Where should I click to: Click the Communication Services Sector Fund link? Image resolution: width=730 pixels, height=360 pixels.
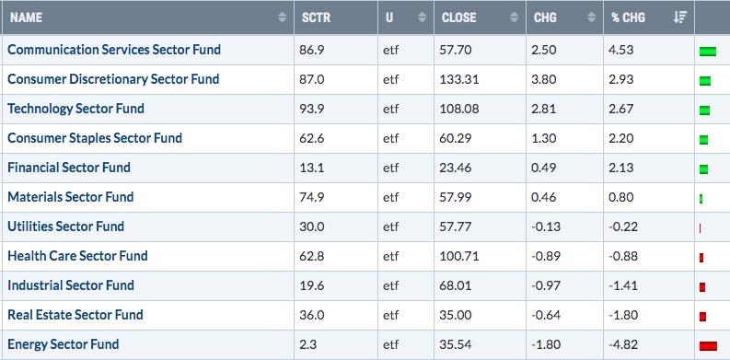pyautogui.click(x=114, y=50)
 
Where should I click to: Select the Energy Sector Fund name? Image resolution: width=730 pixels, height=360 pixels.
pyautogui.click(x=64, y=344)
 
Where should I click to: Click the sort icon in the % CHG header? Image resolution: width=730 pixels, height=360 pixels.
pyautogui.click(x=679, y=17)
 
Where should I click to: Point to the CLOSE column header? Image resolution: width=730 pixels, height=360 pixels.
pyautogui.click(x=459, y=17)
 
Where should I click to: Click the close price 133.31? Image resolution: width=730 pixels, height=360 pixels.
pyautogui.click(x=459, y=79)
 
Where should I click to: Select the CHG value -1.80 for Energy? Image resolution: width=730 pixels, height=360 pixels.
pyautogui.click(x=546, y=344)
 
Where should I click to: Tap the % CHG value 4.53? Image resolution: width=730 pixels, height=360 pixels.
pyautogui.click(x=621, y=50)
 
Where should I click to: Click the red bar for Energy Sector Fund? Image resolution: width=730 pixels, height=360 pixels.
pyautogui.click(x=708, y=345)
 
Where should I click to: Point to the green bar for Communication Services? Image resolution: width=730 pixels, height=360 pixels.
pyautogui.click(x=708, y=52)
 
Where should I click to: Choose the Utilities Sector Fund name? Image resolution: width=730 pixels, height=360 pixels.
pyautogui.click(x=66, y=226)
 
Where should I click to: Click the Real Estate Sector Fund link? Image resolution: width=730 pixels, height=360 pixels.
pyautogui.click(x=75, y=315)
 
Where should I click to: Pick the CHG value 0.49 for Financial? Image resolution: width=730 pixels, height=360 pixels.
pyautogui.click(x=544, y=168)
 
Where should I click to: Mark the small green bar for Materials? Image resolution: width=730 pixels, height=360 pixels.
pyautogui.click(x=701, y=199)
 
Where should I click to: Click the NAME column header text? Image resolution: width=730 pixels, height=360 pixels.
pyautogui.click(x=26, y=17)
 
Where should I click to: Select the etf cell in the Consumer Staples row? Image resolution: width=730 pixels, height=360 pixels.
pyautogui.click(x=391, y=138)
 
